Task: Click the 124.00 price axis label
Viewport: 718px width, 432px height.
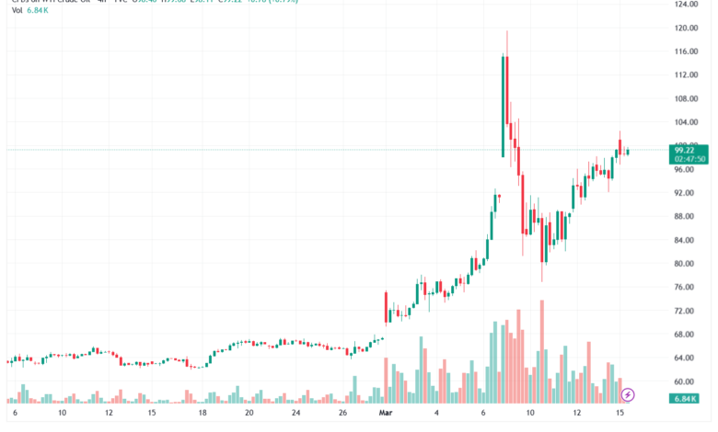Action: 684,5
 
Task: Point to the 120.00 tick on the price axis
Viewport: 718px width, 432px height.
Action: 684,28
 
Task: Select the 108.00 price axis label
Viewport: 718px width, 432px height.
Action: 684,99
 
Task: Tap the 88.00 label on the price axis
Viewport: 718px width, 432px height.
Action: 684,217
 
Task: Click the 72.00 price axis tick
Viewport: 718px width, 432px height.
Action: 684,311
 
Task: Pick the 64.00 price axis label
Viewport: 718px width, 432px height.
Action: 684,358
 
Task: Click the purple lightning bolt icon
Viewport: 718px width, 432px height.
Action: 629,395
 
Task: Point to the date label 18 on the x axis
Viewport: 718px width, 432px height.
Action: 202,415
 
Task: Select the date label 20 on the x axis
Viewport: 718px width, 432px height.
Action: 249,415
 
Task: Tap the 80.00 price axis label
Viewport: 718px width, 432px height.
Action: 684,264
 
